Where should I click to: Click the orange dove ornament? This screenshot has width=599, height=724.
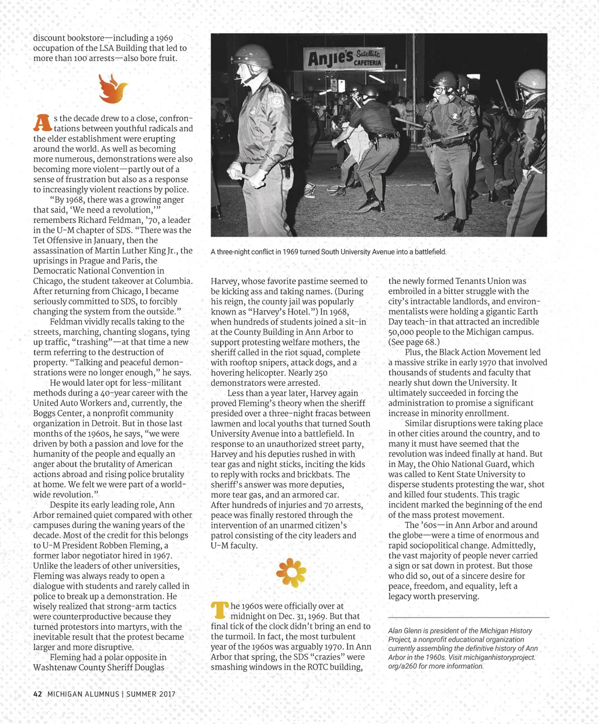coord(113,88)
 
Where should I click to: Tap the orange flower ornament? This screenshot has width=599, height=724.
coord(291,573)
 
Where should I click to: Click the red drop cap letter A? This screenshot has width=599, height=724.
coord(42,122)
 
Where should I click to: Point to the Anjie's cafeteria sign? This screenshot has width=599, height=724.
coord(345,58)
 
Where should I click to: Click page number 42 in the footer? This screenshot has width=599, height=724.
coord(37,694)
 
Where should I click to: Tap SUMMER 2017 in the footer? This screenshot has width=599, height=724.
coord(150,694)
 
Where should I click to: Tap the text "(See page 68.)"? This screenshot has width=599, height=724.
coord(414,342)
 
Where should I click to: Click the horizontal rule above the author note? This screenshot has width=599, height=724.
coord(469,617)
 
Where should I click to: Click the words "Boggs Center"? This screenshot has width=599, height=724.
coord(58,413)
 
